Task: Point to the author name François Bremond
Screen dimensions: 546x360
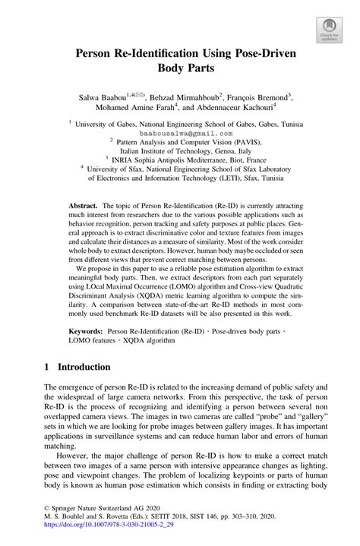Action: pyautogui.click(x=258, y=98)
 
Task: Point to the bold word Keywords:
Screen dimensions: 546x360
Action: pyautogui.click(x=86, y=333)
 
